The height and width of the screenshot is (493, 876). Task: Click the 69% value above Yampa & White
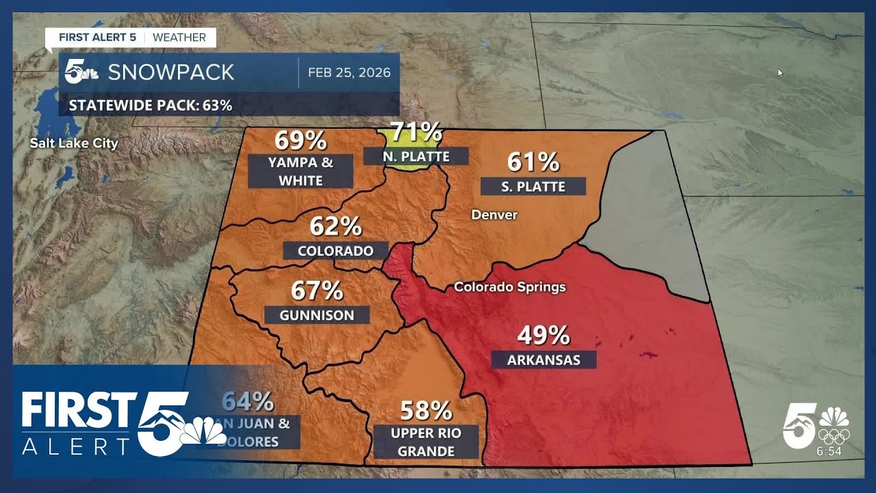[x=300, y=140]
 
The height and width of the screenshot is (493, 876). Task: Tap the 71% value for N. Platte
[x=415, y=131]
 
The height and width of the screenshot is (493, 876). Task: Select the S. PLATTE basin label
[x=533, y=186]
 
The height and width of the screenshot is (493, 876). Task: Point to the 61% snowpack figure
[x=533, y=162]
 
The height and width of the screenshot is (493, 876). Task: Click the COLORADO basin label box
[x=335, y=251]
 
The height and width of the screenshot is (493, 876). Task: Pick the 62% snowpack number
[x=335, y=225]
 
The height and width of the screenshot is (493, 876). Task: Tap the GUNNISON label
[x=317, y=315]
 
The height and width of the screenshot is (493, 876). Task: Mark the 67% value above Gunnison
[x=317, y=290]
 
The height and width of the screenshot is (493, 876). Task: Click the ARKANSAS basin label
[x=543, y=359]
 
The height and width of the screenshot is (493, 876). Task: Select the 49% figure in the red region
[x=543, y=336]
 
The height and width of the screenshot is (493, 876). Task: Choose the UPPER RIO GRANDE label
[x=426, y=442]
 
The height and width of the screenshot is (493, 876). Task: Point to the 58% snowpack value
[x=426, y=411]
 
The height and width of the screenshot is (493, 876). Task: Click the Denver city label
[x=494, y=215]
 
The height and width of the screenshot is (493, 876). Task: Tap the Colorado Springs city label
[x=510, y=287]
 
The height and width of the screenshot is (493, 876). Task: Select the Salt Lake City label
[x=74, y=143]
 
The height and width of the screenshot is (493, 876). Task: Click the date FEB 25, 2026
[x=349, y=73]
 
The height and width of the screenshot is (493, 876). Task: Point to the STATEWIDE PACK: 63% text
[x=151, y=105]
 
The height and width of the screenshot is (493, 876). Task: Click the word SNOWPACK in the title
[x=171, y=73]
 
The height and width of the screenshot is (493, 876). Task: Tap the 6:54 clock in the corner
[x=829, y=451]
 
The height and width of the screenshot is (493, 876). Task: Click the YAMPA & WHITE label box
[x=300, y=171]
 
